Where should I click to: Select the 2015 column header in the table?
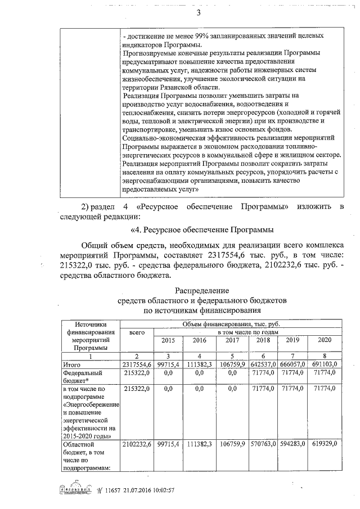(x=168, y=340)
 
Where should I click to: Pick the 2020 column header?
(x=325, y=340)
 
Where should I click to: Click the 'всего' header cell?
(x=137, y=332)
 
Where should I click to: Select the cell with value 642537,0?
(x=263, y=365)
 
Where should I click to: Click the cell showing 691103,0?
(x=324, y=365)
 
